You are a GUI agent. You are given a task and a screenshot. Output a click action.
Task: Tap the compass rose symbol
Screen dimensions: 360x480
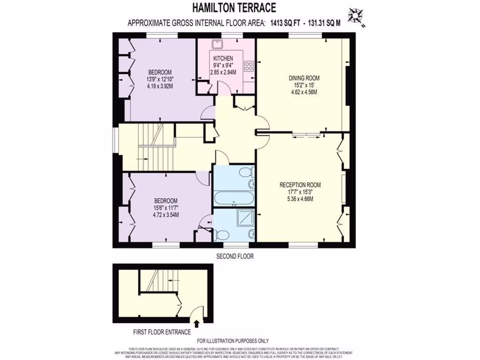[x=358, y=17]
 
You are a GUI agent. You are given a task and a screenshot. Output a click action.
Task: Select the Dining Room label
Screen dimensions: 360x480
[x=304, y=78]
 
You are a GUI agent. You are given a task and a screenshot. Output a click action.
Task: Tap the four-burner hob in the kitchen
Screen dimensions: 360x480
[x=249, y=67]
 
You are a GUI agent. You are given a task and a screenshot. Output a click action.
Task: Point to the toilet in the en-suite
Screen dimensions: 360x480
[x=223, y=233]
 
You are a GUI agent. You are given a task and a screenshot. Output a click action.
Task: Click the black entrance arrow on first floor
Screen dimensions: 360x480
[x=196, y=323]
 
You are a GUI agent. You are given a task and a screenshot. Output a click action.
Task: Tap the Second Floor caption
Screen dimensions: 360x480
[x=235, y=256]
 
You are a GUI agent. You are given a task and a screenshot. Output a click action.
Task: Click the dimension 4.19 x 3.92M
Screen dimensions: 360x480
[x=159, y=86]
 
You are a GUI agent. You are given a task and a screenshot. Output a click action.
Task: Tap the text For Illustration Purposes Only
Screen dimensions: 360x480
[x=232, y=341]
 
